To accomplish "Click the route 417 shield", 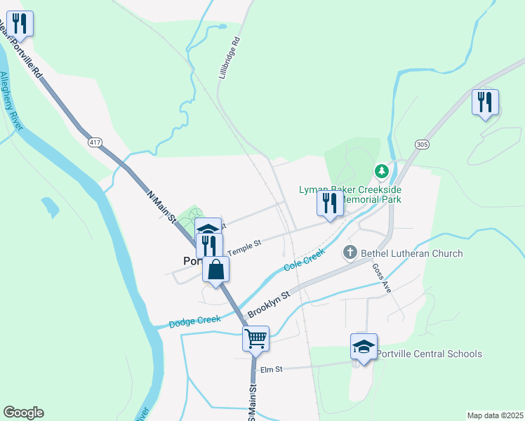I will (95, 142).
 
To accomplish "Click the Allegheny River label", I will (13, 101).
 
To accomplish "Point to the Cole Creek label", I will (304, 260).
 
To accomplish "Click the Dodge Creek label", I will (195, 321).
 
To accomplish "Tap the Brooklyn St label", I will (268, 304).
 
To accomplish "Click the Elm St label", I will (270, 369).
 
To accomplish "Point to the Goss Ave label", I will (381, 278).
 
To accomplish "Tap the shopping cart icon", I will (256, 338).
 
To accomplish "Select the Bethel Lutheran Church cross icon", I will (350, 253).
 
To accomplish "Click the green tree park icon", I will (381, 171).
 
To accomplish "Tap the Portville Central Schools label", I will (429, 354).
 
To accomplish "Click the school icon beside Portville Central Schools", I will (364, 346).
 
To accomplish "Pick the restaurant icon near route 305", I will (485, 102).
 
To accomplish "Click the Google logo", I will (23, 413).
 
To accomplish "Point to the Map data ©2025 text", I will (495, 415).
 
